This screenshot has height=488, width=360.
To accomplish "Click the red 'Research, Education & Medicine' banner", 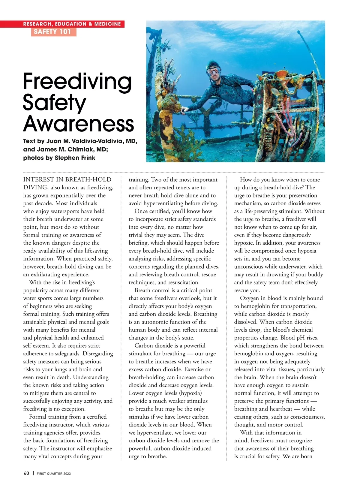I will click(72, 24).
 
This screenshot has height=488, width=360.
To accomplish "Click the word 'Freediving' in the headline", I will click(77, 81).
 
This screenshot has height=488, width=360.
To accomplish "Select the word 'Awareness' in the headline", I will click(78, 123).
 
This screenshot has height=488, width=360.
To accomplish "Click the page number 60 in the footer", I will click(26, 473).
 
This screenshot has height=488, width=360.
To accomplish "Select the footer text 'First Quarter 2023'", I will click(54, 474).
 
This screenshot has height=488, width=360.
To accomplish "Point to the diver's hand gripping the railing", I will click(186, 110).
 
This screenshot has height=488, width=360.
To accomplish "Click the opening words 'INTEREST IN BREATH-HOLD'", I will click(67, 180).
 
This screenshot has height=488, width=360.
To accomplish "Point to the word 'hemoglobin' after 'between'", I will click(249, 354).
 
